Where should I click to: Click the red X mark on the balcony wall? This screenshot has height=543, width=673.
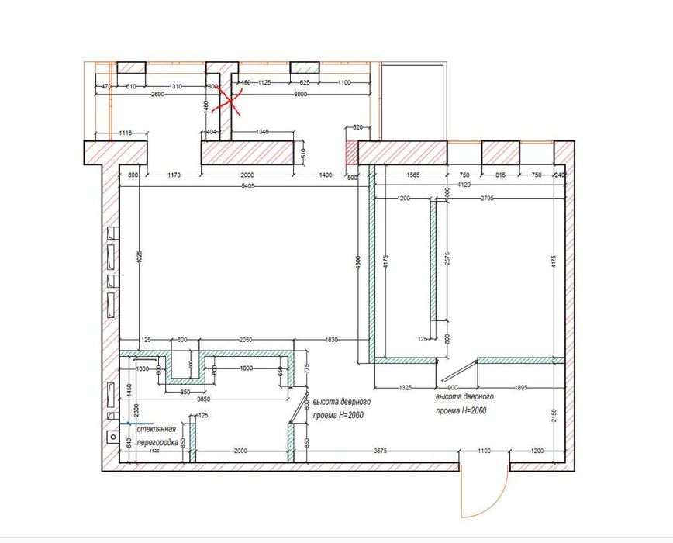click(x=230, y=100)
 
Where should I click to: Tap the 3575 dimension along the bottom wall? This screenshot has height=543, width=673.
click(x=380, y=451)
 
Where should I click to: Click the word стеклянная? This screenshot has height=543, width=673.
click(x=157, y=428)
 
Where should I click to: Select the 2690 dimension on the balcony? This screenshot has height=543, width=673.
click(x=157, y=94)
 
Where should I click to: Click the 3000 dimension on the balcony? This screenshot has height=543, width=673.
click(x=301, y=94)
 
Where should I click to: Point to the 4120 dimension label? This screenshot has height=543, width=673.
click(x=463, y=185)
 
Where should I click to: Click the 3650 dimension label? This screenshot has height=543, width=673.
click(x=203, y=399)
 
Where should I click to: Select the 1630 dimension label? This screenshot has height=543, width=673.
click(x=330, y=341)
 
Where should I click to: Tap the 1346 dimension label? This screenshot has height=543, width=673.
click(x=262, y=133)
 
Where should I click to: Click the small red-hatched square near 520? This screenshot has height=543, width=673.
click(x=350, y=153)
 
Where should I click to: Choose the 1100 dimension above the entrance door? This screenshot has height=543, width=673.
click(x=485, y=451)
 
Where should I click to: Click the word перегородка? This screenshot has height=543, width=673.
click(x=158, y=442)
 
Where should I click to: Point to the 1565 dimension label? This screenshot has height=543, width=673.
click(x=411, y=175)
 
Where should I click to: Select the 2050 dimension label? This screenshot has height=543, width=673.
click(x=245, y=341)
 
